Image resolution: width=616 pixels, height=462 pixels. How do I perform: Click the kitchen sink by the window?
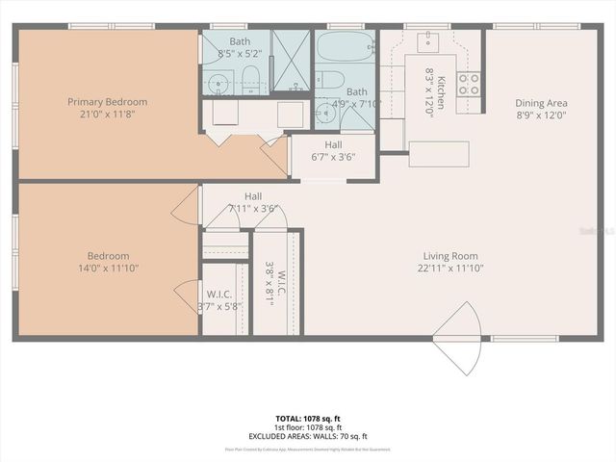pyautogui.click(x=429, y=41)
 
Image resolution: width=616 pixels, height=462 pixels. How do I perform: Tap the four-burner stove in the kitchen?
pyautogui.click(x=469, y=85)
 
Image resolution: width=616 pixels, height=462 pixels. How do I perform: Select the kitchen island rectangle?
pyautogui.click(x=439, y=154)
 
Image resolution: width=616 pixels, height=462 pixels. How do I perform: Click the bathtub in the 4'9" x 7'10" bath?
pyautogui.click(x=344, y=46)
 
